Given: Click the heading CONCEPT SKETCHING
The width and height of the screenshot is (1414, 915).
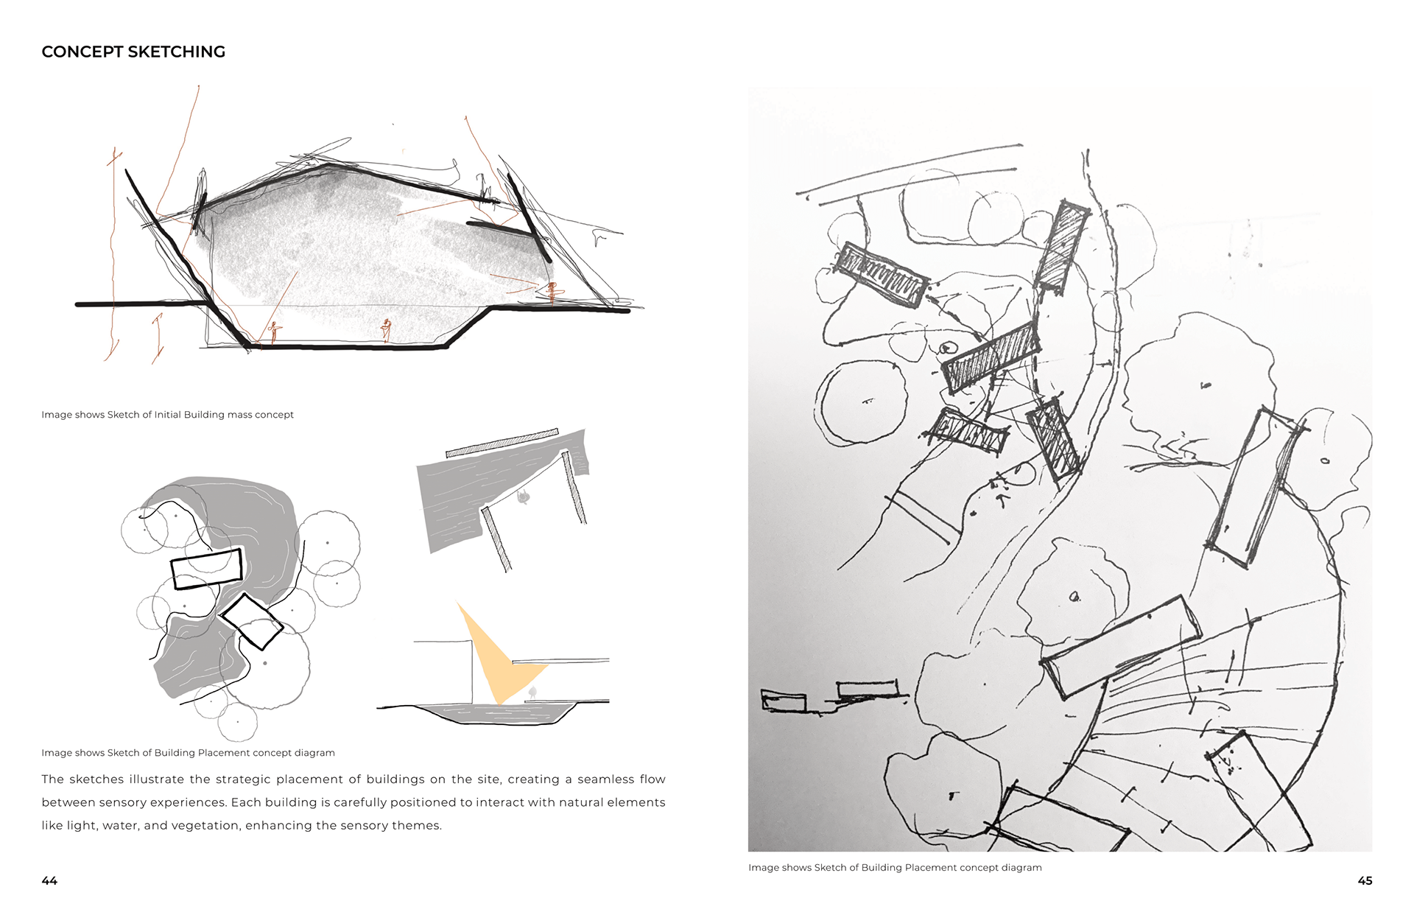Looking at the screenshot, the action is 133,52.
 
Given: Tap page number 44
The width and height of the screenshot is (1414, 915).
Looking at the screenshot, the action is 49,880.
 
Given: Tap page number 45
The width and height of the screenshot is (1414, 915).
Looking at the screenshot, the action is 1365,880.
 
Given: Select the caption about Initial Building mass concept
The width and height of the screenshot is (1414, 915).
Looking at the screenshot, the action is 167,415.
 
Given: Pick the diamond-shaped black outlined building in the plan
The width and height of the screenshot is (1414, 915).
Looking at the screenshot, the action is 252,622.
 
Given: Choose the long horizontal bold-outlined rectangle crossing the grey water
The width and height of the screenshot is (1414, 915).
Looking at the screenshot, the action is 207,569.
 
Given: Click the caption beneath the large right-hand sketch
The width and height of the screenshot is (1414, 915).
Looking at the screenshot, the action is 895,868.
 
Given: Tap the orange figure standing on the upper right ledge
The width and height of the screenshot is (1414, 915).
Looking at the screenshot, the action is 551,292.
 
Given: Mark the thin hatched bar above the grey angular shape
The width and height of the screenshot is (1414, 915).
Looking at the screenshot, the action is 502,443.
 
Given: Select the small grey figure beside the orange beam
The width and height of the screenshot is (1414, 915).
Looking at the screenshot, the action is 532,693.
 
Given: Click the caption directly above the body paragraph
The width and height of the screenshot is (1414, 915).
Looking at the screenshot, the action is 188,753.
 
